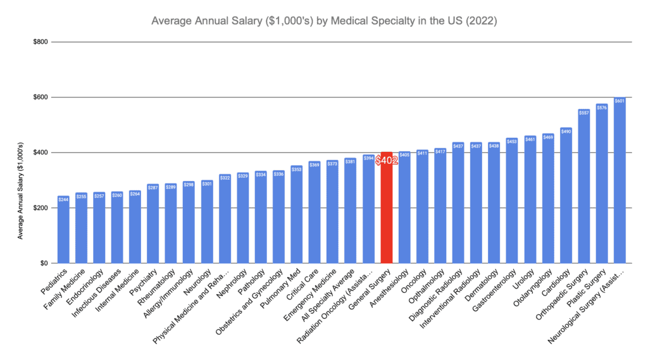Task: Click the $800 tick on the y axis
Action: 39,42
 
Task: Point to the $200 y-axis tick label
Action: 39,208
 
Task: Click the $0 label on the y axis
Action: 43,263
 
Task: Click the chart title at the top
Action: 324,21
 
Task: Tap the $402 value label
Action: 386,161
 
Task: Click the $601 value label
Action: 620,101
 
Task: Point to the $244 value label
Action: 63,200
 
